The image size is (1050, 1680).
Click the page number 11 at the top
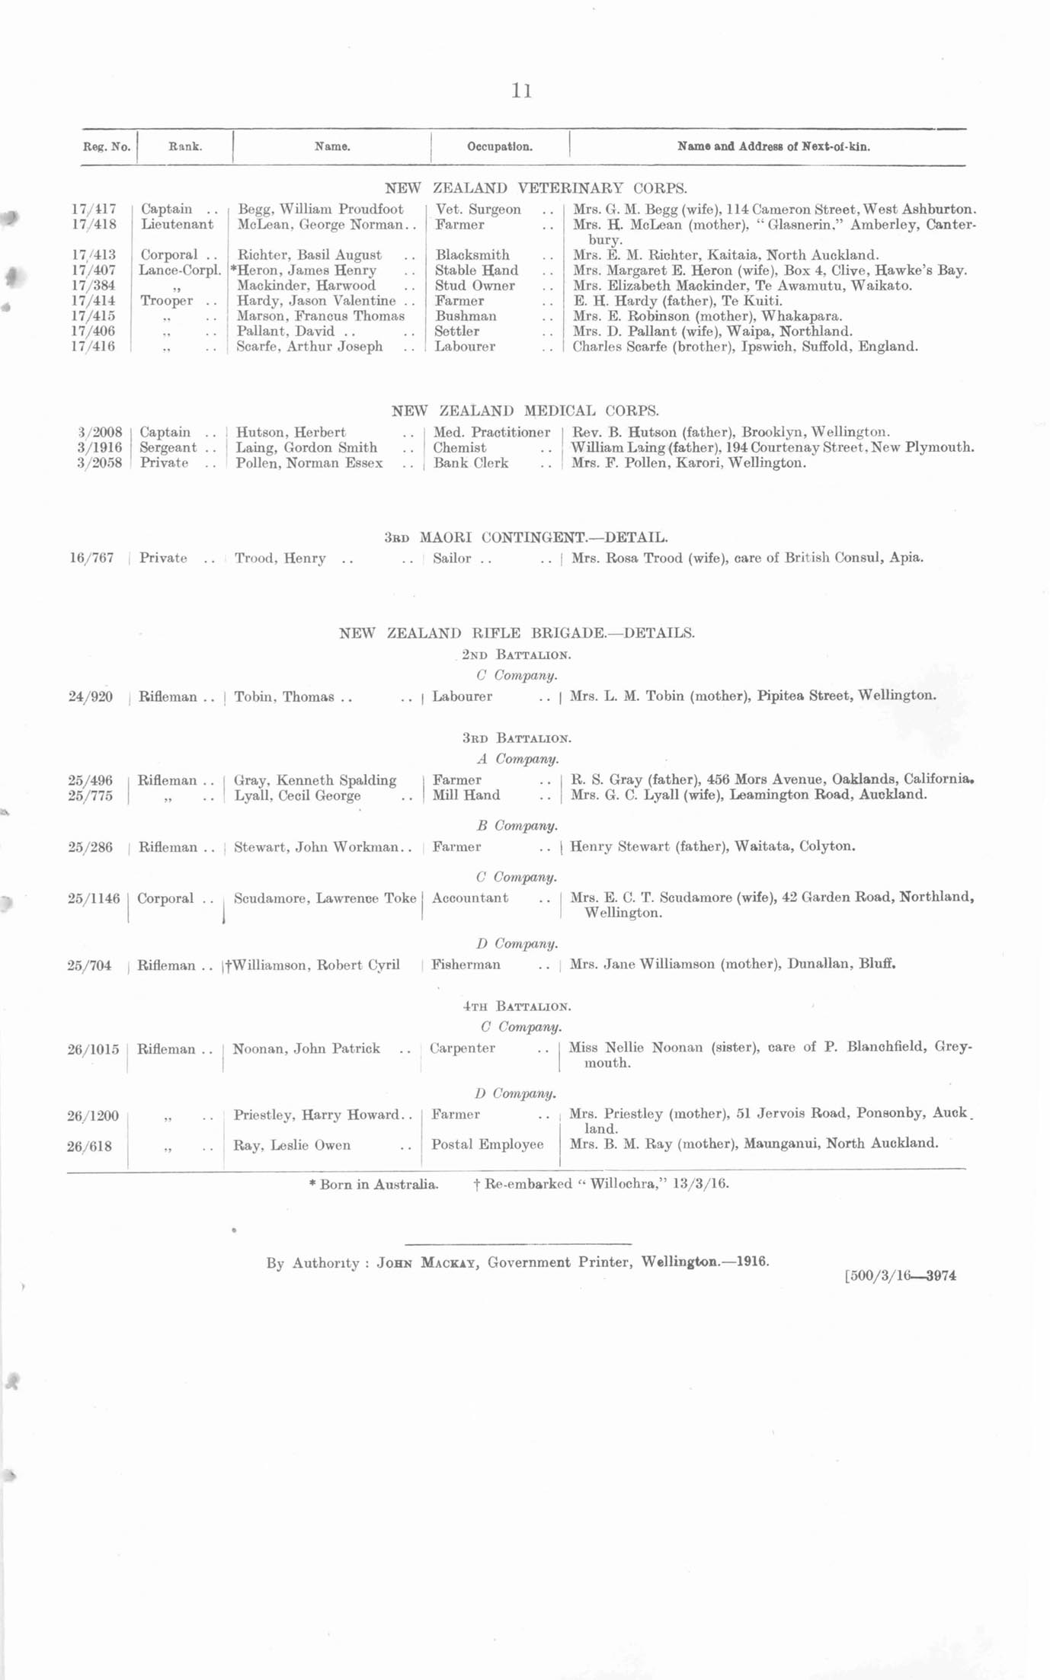coord(521,91)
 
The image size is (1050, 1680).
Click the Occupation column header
coord(499,146)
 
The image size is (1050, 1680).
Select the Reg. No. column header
coord(106,146)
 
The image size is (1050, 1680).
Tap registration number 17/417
coord(94,209)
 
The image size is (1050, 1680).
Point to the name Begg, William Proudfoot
coord(321,209)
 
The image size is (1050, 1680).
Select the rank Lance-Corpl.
coord(180,270)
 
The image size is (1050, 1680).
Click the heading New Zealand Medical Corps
coord(525,411)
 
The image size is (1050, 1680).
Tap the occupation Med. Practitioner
coord(491,432)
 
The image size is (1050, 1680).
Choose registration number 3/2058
coord(99,462)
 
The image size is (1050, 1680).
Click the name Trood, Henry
coord(280,558)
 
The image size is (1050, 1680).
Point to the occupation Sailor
coord(452,558)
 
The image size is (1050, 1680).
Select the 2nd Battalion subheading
coord(517,654)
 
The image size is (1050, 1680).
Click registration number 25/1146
coord(94,898)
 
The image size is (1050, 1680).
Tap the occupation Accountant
coord(469,898)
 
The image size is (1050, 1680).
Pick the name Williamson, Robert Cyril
coord(314,965)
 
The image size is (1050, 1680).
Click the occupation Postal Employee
coord(487,1144)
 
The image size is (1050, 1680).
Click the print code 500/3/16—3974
coord(900,1275)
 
